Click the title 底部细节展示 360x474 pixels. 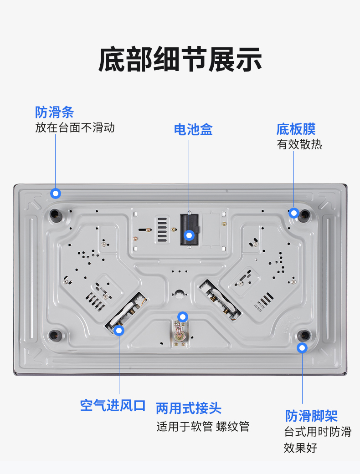coord(180,60)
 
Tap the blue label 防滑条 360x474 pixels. coord(54,112)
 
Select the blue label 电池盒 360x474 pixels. coord(193,129)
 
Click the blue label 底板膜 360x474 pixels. coord(296,129)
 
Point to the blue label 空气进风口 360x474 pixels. coord(113,405)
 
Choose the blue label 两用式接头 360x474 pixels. coord(189,408)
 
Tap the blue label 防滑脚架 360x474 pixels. coord(311,416)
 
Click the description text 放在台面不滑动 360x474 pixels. coord(75,127)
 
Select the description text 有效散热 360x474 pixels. coord(299,144)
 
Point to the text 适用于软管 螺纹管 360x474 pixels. coord(203,427)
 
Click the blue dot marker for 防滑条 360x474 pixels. coord(55,193)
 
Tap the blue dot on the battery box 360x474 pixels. coord(189,235)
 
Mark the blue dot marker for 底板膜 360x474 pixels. coord(293,213)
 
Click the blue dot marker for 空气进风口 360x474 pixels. coord(119,331)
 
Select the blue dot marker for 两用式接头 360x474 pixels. coord(183,317)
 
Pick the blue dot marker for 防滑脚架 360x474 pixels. coord(302,348)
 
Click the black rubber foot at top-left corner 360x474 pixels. coord(56,215)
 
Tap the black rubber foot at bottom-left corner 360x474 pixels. coord(55,335)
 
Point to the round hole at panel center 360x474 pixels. coord(180,294)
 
